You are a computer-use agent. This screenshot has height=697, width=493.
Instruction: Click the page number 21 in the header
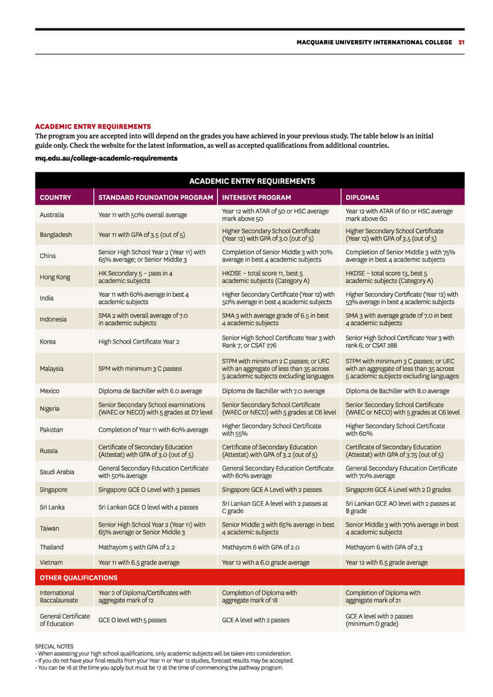(461, 43)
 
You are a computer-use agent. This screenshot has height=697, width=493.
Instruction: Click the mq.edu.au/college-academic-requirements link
(106, 158)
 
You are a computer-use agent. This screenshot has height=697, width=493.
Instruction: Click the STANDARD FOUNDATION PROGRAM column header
(155, 198)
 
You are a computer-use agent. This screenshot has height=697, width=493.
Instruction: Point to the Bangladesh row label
(56, 235)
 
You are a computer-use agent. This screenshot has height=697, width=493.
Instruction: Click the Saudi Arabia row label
(57, 472)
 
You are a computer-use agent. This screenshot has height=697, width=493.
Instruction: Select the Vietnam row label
(52, 563)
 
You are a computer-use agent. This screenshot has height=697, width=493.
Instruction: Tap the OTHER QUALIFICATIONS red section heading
(78, 578)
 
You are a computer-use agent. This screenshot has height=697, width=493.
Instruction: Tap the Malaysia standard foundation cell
(140, 369)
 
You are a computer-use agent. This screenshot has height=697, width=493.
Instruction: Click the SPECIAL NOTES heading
(54, 646)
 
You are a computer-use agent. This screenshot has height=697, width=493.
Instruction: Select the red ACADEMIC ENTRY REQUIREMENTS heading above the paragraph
(93, 126)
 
